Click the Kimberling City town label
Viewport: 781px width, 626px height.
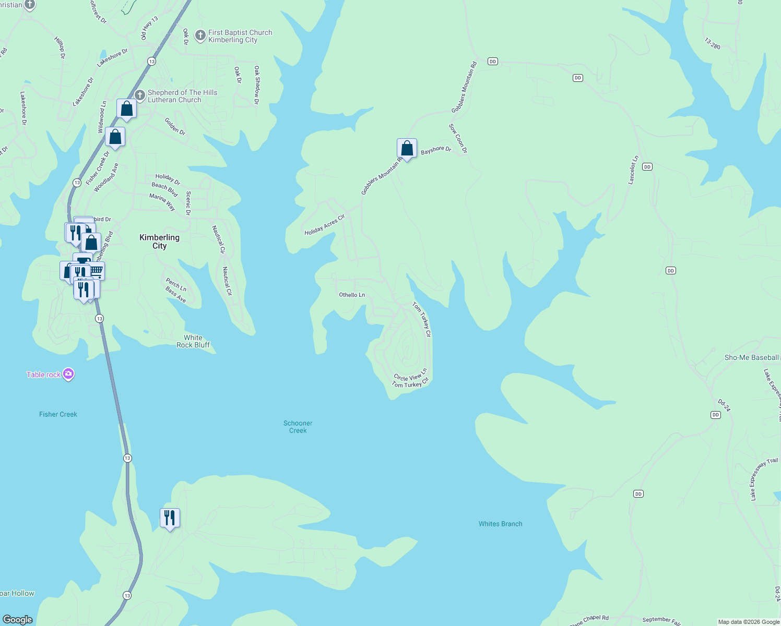159,242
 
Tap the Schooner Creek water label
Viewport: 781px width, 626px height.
298,427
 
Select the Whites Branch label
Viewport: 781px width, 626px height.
500,524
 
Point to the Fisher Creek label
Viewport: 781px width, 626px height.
58,414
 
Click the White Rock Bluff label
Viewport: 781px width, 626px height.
193,341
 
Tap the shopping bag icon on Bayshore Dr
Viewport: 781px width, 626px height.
407,149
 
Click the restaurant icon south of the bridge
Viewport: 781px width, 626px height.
170,518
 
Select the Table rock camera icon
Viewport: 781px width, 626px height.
68,374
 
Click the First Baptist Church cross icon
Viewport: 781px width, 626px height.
200,35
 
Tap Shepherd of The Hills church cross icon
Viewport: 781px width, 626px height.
139,95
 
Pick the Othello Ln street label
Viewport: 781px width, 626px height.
352,295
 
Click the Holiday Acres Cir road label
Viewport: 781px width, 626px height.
325,225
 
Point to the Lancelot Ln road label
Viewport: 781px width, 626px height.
633,170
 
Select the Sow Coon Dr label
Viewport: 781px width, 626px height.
458,138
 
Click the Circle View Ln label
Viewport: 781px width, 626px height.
410,375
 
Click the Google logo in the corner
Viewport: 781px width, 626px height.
18,619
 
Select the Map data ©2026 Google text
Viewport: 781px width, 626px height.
749,622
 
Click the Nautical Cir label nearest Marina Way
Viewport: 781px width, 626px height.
218,239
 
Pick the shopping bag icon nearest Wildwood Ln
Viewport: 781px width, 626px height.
126,109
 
